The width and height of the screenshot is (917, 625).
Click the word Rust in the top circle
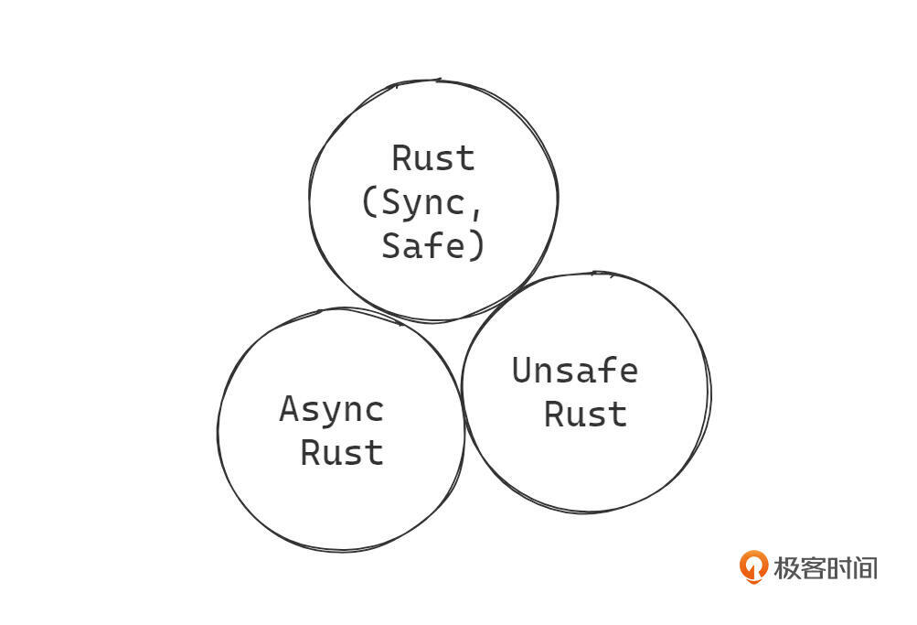coord(433,158)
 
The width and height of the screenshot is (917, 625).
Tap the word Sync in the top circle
coord(422,202)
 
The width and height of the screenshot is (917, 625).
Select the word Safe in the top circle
coord(422,245)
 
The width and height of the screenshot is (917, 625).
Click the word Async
coord(331,409)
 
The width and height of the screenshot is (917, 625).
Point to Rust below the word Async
coord(342,452)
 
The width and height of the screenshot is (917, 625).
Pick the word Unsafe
coord(574,371)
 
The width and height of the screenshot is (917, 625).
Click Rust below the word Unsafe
coord(585,414)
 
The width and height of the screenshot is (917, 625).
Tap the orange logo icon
coord(753,566)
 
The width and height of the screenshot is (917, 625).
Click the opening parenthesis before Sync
coord(369,202)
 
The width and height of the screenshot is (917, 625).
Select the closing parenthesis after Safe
coord(476,245)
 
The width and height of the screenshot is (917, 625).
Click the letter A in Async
coord(289,409)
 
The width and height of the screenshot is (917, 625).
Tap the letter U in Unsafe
coord(522,371)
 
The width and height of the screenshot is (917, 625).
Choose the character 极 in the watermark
coord(787,567)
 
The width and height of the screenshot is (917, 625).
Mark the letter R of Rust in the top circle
coord(402,158)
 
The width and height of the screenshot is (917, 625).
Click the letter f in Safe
coord(444,245)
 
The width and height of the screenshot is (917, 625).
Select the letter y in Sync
coord(412,204)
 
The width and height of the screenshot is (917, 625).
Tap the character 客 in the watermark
coord(813,567)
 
